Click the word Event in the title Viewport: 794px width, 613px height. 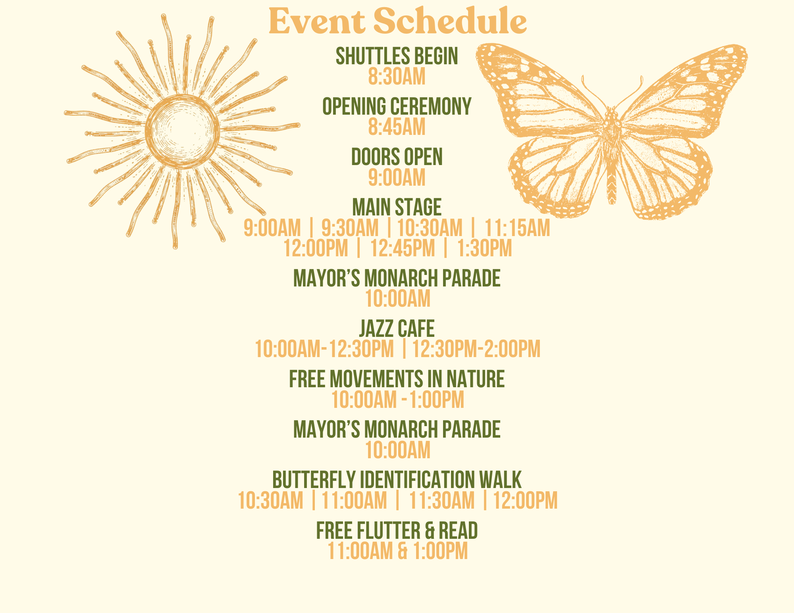pyautogui.click(x=317, y=21)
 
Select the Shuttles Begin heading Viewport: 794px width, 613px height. pyautogui.click(x=397, y=56)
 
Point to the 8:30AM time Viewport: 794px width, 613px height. pyautogui.click(x=397, y=77)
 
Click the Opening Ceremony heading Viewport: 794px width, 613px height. pyautogui.click(x=397, y=106)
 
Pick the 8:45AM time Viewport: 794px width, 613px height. pyautogui.click(x=397, y=127)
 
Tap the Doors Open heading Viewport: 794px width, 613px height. pyautogui.click(x=397, y=157)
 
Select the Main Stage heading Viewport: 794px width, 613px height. pyautogui.click(x=397, y=207)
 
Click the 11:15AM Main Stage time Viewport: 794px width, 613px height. pyautogui.click(x=518, y=228)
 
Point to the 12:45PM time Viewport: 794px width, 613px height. pyautogui.click(x=403, y=248)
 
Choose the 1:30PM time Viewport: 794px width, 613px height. pyautogui.click(x=485, y=248)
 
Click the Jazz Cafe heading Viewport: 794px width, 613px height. pyautogui.click(x=397, y=329)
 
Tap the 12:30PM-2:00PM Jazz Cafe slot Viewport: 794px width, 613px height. pyautogui.click(x=476, y=349)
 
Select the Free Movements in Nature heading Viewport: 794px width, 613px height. pyautogui.click(x=397, y=379)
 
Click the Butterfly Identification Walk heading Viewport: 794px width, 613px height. pyautogui.click(x=397, y=480)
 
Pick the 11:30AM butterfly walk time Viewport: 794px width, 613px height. pyautogui.click(x=442, y=500)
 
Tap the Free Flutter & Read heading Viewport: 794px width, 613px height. pyautogui.click(x=397, y=530)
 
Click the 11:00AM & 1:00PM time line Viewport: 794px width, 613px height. pyautogui.click(x=398, y=551)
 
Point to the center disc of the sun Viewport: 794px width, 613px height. pyautogui.click(x=182, y=131)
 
